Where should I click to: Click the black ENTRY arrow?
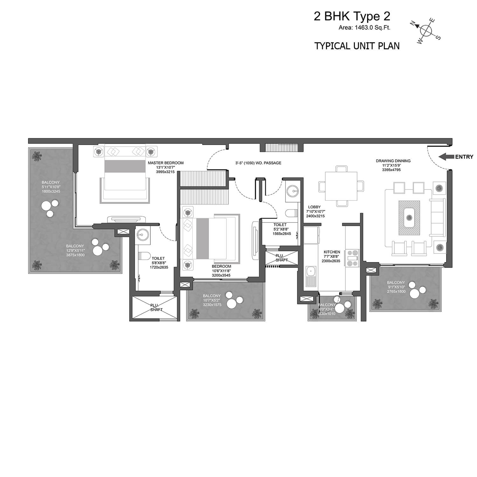[446, 156]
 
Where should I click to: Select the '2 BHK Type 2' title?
[352, 17]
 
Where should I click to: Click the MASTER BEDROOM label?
[161, 163]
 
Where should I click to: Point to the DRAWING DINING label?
[393, 161]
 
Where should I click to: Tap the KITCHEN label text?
[332, 252]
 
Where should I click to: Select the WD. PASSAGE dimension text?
[258, 163]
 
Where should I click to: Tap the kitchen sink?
[310, 276]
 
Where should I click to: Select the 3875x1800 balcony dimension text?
[75, 255]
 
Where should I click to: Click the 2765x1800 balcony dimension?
[396, 291]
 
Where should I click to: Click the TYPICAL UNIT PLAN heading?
[357, 46]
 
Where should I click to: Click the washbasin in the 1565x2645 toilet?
[292, 191]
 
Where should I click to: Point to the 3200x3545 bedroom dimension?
[221, 275]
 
